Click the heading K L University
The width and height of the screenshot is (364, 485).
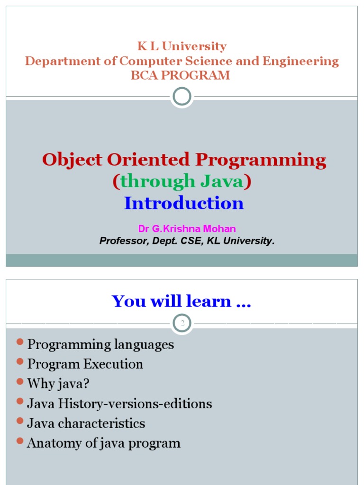182,46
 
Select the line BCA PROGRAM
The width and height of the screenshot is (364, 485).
181,75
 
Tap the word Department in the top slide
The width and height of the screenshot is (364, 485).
55,61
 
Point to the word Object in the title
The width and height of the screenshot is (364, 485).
73,160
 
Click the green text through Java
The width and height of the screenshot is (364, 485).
182,181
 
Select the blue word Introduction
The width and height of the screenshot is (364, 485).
184,203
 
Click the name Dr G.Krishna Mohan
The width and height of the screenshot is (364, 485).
187,229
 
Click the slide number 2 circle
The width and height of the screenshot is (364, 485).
182,323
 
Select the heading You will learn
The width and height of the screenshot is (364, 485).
181,301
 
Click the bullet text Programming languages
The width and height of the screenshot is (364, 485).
100,344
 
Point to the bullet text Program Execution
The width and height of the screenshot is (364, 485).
85,364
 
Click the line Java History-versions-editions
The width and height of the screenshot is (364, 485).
119,404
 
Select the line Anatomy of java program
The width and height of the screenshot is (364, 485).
104,443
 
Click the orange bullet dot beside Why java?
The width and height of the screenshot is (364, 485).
20,381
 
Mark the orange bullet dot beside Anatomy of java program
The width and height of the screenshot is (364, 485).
20,441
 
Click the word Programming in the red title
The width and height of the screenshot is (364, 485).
261,160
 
